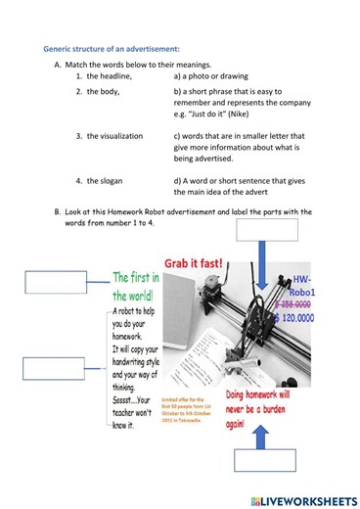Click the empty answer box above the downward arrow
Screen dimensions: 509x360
click(266, 230)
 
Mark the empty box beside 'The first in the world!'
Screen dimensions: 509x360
click(47, 281)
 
